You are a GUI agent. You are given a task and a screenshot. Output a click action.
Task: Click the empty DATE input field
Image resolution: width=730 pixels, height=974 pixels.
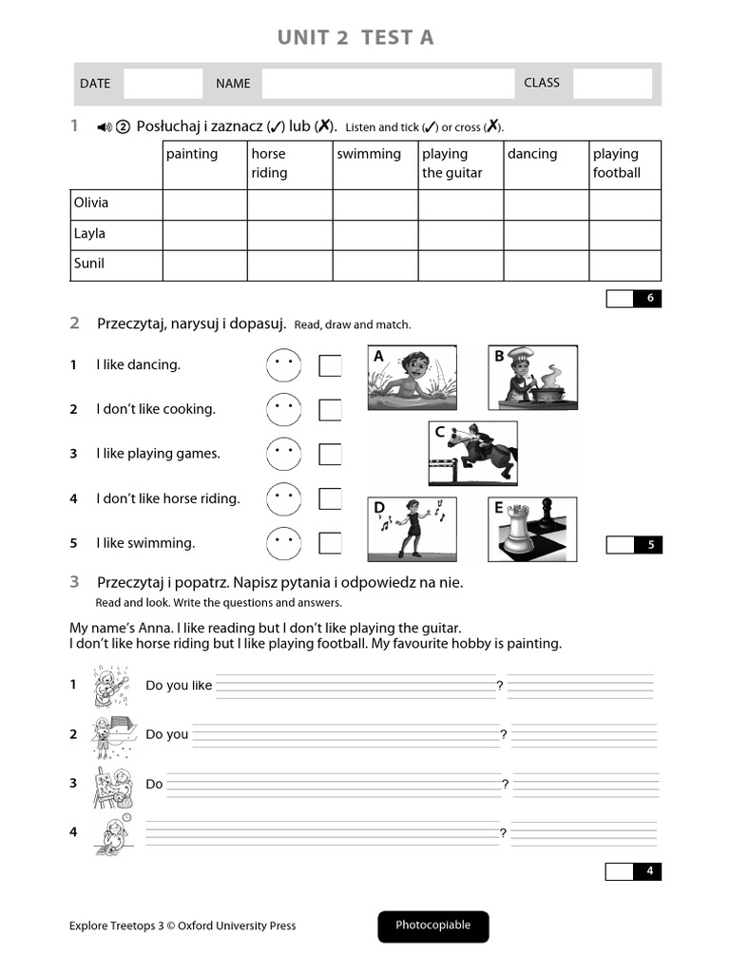[163, 84]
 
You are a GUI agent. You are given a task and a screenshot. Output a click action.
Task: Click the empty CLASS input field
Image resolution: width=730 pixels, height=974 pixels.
[612, 84]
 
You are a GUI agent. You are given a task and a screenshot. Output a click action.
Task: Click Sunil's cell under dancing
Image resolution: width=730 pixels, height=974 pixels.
[546, 264]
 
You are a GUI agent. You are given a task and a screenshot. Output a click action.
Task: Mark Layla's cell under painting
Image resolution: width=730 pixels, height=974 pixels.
[204, 234]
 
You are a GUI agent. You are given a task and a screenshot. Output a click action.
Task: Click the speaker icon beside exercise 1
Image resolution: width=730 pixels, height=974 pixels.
[105, 127]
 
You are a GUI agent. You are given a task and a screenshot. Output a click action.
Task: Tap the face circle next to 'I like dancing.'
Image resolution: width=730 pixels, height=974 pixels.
[283, 365]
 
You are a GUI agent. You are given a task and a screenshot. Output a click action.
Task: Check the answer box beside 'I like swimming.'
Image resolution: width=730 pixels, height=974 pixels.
[330, 543]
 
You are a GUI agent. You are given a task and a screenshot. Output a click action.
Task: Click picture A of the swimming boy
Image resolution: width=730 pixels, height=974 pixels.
[413, 378]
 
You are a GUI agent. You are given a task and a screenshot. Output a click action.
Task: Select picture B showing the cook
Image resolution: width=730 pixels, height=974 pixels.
[532, 378]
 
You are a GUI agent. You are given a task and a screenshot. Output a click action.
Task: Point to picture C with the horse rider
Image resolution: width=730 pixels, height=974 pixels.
[472, 453]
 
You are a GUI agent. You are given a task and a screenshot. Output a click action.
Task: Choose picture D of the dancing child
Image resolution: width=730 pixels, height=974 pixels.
[413, 529]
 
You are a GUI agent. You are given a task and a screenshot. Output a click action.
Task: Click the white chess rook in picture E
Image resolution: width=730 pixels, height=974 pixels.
[517, 533]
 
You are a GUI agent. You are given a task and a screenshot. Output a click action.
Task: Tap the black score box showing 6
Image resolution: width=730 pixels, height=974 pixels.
[649, 299]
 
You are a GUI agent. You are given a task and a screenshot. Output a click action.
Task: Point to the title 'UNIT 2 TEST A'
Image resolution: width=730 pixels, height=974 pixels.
[355, 37]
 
